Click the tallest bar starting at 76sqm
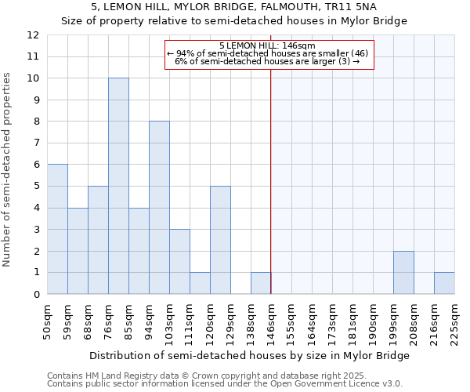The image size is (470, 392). pos(118,186)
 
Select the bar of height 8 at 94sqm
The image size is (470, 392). pos(159,208)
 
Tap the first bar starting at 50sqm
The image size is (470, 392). pos(57,229)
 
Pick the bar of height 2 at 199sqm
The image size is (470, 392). pos(403,272)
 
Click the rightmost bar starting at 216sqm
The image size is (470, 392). pos(444,283)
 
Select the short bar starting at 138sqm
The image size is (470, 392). pos(261,283)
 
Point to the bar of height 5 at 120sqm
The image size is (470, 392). pos(220,240)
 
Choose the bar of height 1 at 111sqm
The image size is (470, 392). pos(200,283)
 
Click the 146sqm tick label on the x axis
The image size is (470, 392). pos(271,320)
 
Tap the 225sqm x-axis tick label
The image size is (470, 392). pos(454,320)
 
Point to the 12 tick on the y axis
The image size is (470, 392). pos(33,35)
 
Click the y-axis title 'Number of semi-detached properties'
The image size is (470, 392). pos(7,169)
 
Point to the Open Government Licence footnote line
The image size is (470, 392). pos(225,383)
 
